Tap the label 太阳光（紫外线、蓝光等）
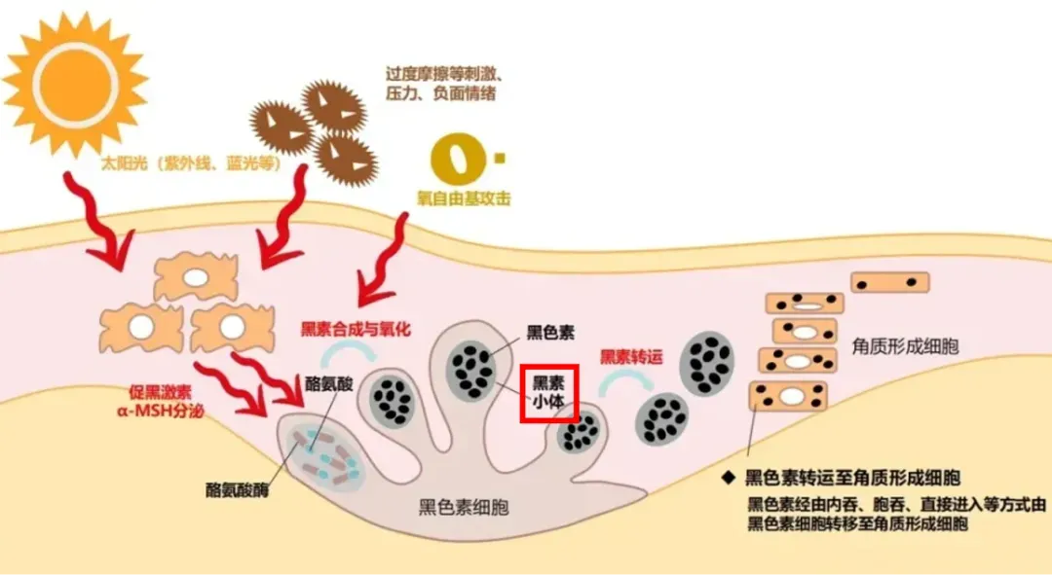(x=192, y=164)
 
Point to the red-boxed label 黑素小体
(x=549, y=393)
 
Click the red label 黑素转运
(x=630, y=357)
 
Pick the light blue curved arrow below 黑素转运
(x=613, y=383)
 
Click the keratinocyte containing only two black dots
(x=889, y=282)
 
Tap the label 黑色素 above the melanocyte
(x=550, y=333)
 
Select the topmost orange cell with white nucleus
(x=196, y=278)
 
